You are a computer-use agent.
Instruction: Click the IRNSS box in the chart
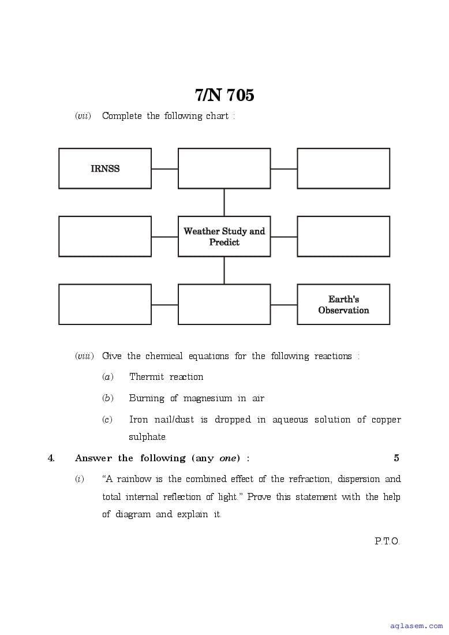click(x=105, y=169)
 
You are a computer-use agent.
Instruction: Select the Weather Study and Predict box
click(x=224, y=237)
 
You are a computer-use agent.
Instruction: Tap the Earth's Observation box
click(x=343, y=304)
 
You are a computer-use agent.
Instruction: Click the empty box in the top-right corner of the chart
click(x=343, y=169)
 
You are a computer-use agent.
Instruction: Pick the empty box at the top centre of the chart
click(x=224, y=169)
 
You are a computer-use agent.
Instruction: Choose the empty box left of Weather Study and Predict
click(x=105, y=237)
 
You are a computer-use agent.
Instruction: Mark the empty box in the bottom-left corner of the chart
click(x=105, y=304)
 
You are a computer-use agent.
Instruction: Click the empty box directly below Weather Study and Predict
click(x=224, y=304)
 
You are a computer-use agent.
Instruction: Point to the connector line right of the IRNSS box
click(x=164, y=169)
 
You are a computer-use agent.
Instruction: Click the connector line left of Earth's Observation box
click(x=284, y=305)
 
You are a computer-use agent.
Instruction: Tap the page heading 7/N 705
click(x=224, y=95)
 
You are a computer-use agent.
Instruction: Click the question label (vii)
click(x=83, y=116)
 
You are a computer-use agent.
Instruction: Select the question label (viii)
click(x=84, y=356)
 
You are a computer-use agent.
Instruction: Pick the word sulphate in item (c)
click(x=147, y=437)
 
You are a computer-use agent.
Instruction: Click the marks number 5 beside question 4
click(x=396, y=458)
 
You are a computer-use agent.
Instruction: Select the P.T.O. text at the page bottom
click(x=387, y=541)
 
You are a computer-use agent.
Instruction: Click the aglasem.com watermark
click(x=416, y=626)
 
